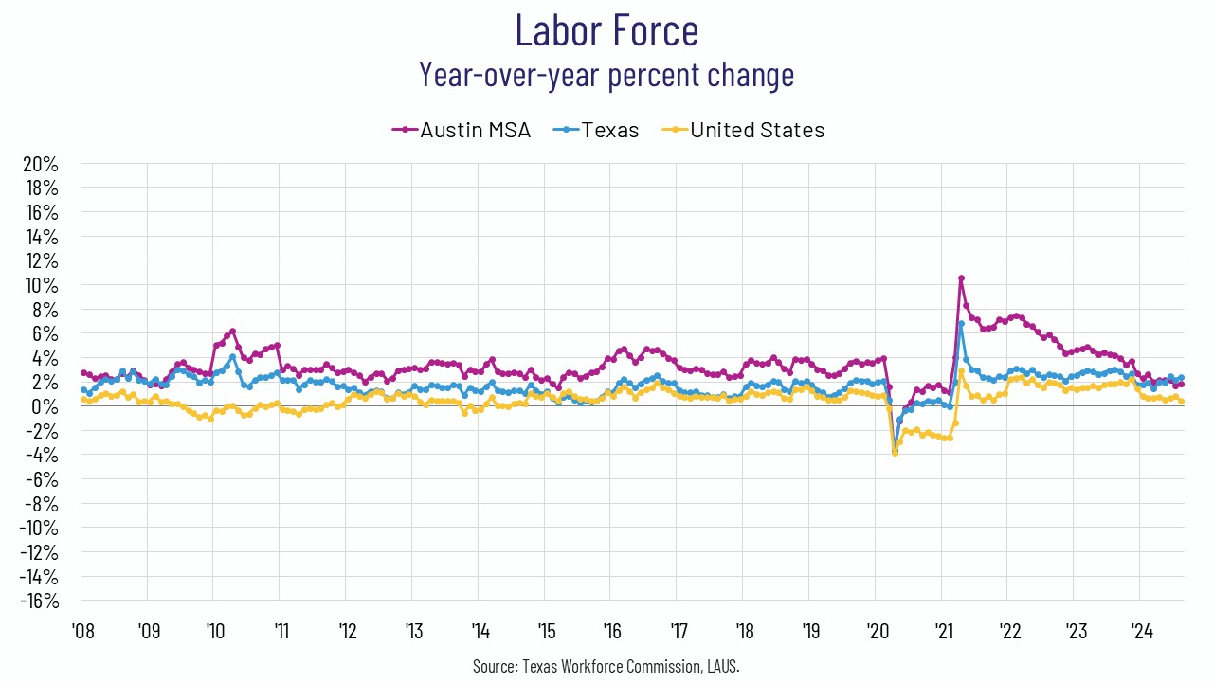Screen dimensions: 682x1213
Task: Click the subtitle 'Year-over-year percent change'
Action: (606, 74)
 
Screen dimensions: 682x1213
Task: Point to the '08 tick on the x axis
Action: (81, 630)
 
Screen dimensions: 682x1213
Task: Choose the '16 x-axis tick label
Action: (609, 630)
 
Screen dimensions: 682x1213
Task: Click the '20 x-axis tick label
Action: (874, 630)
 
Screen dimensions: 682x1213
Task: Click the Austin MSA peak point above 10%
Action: (961, 278)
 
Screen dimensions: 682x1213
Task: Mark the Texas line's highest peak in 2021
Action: (961, 324)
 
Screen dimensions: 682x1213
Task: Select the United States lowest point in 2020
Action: (895, 453)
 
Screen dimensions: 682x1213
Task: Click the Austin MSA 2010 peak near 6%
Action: (232, 332)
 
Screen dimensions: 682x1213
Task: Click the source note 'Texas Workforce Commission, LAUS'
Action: (606, 667)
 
